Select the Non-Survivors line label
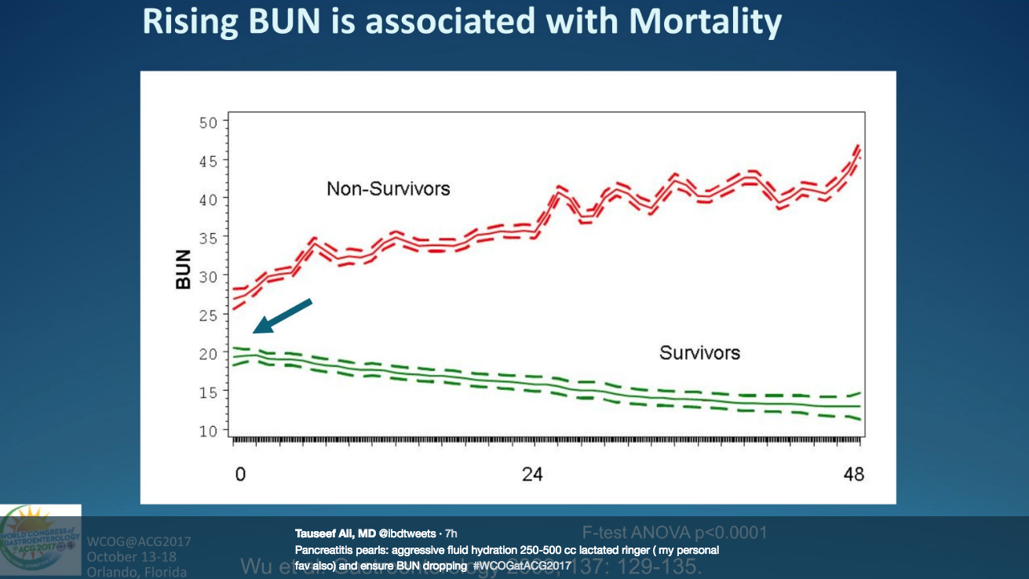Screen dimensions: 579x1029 pos(389,188)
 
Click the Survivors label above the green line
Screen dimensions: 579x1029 pos(699,352)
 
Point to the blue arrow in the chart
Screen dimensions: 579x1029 pos(283,315)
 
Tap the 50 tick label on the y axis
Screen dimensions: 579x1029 pos(207,122)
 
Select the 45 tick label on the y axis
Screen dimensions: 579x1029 pos(207,161)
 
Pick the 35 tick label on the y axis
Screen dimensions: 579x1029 pos(207,238)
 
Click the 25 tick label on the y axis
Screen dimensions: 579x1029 pos(207,315)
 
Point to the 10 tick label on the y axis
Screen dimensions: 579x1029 pos(207,430)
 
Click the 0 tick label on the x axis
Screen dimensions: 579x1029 pos(240,475)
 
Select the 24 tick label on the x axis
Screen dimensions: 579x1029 pos(533,475)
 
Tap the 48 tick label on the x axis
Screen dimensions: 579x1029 pos(853,475)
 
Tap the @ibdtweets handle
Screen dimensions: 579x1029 pos(409,533)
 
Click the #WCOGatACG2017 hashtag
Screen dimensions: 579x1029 pos(521,565)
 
